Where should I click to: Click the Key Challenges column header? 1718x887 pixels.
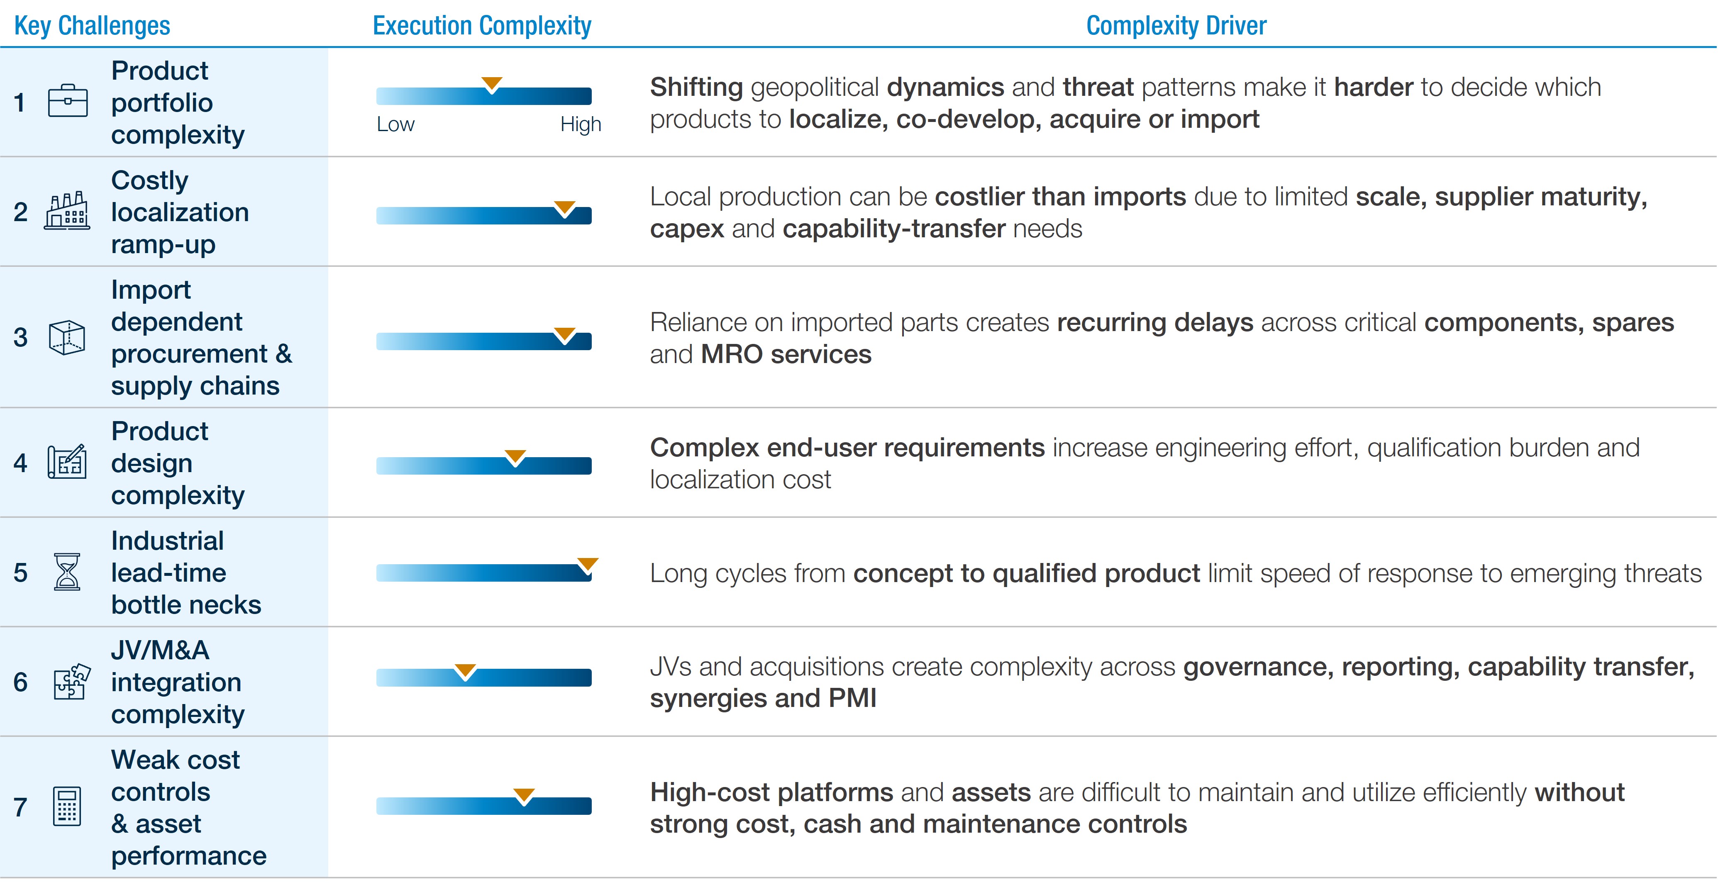[x=92, y=25]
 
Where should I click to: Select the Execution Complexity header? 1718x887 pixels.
[x=481, y=25]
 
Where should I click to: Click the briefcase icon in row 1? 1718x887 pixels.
[x=67, y=101]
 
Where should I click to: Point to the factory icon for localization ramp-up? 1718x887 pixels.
[x=67, y=211]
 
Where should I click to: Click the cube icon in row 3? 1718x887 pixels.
[x=67, y=337]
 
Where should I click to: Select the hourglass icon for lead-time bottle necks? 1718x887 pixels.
[x=67, y=572]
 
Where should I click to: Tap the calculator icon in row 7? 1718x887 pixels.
[x=67, y=806]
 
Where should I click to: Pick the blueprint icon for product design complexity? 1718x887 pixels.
[x=67, y=461]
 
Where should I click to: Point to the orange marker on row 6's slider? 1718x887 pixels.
[x=465, y=671]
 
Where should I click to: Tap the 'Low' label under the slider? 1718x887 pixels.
[x=395, y=124]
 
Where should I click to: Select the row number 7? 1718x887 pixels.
[x=21, y=807]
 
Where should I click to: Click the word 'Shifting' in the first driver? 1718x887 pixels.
[x=696, y=88]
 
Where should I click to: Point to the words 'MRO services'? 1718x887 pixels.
[x=786, y=354]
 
